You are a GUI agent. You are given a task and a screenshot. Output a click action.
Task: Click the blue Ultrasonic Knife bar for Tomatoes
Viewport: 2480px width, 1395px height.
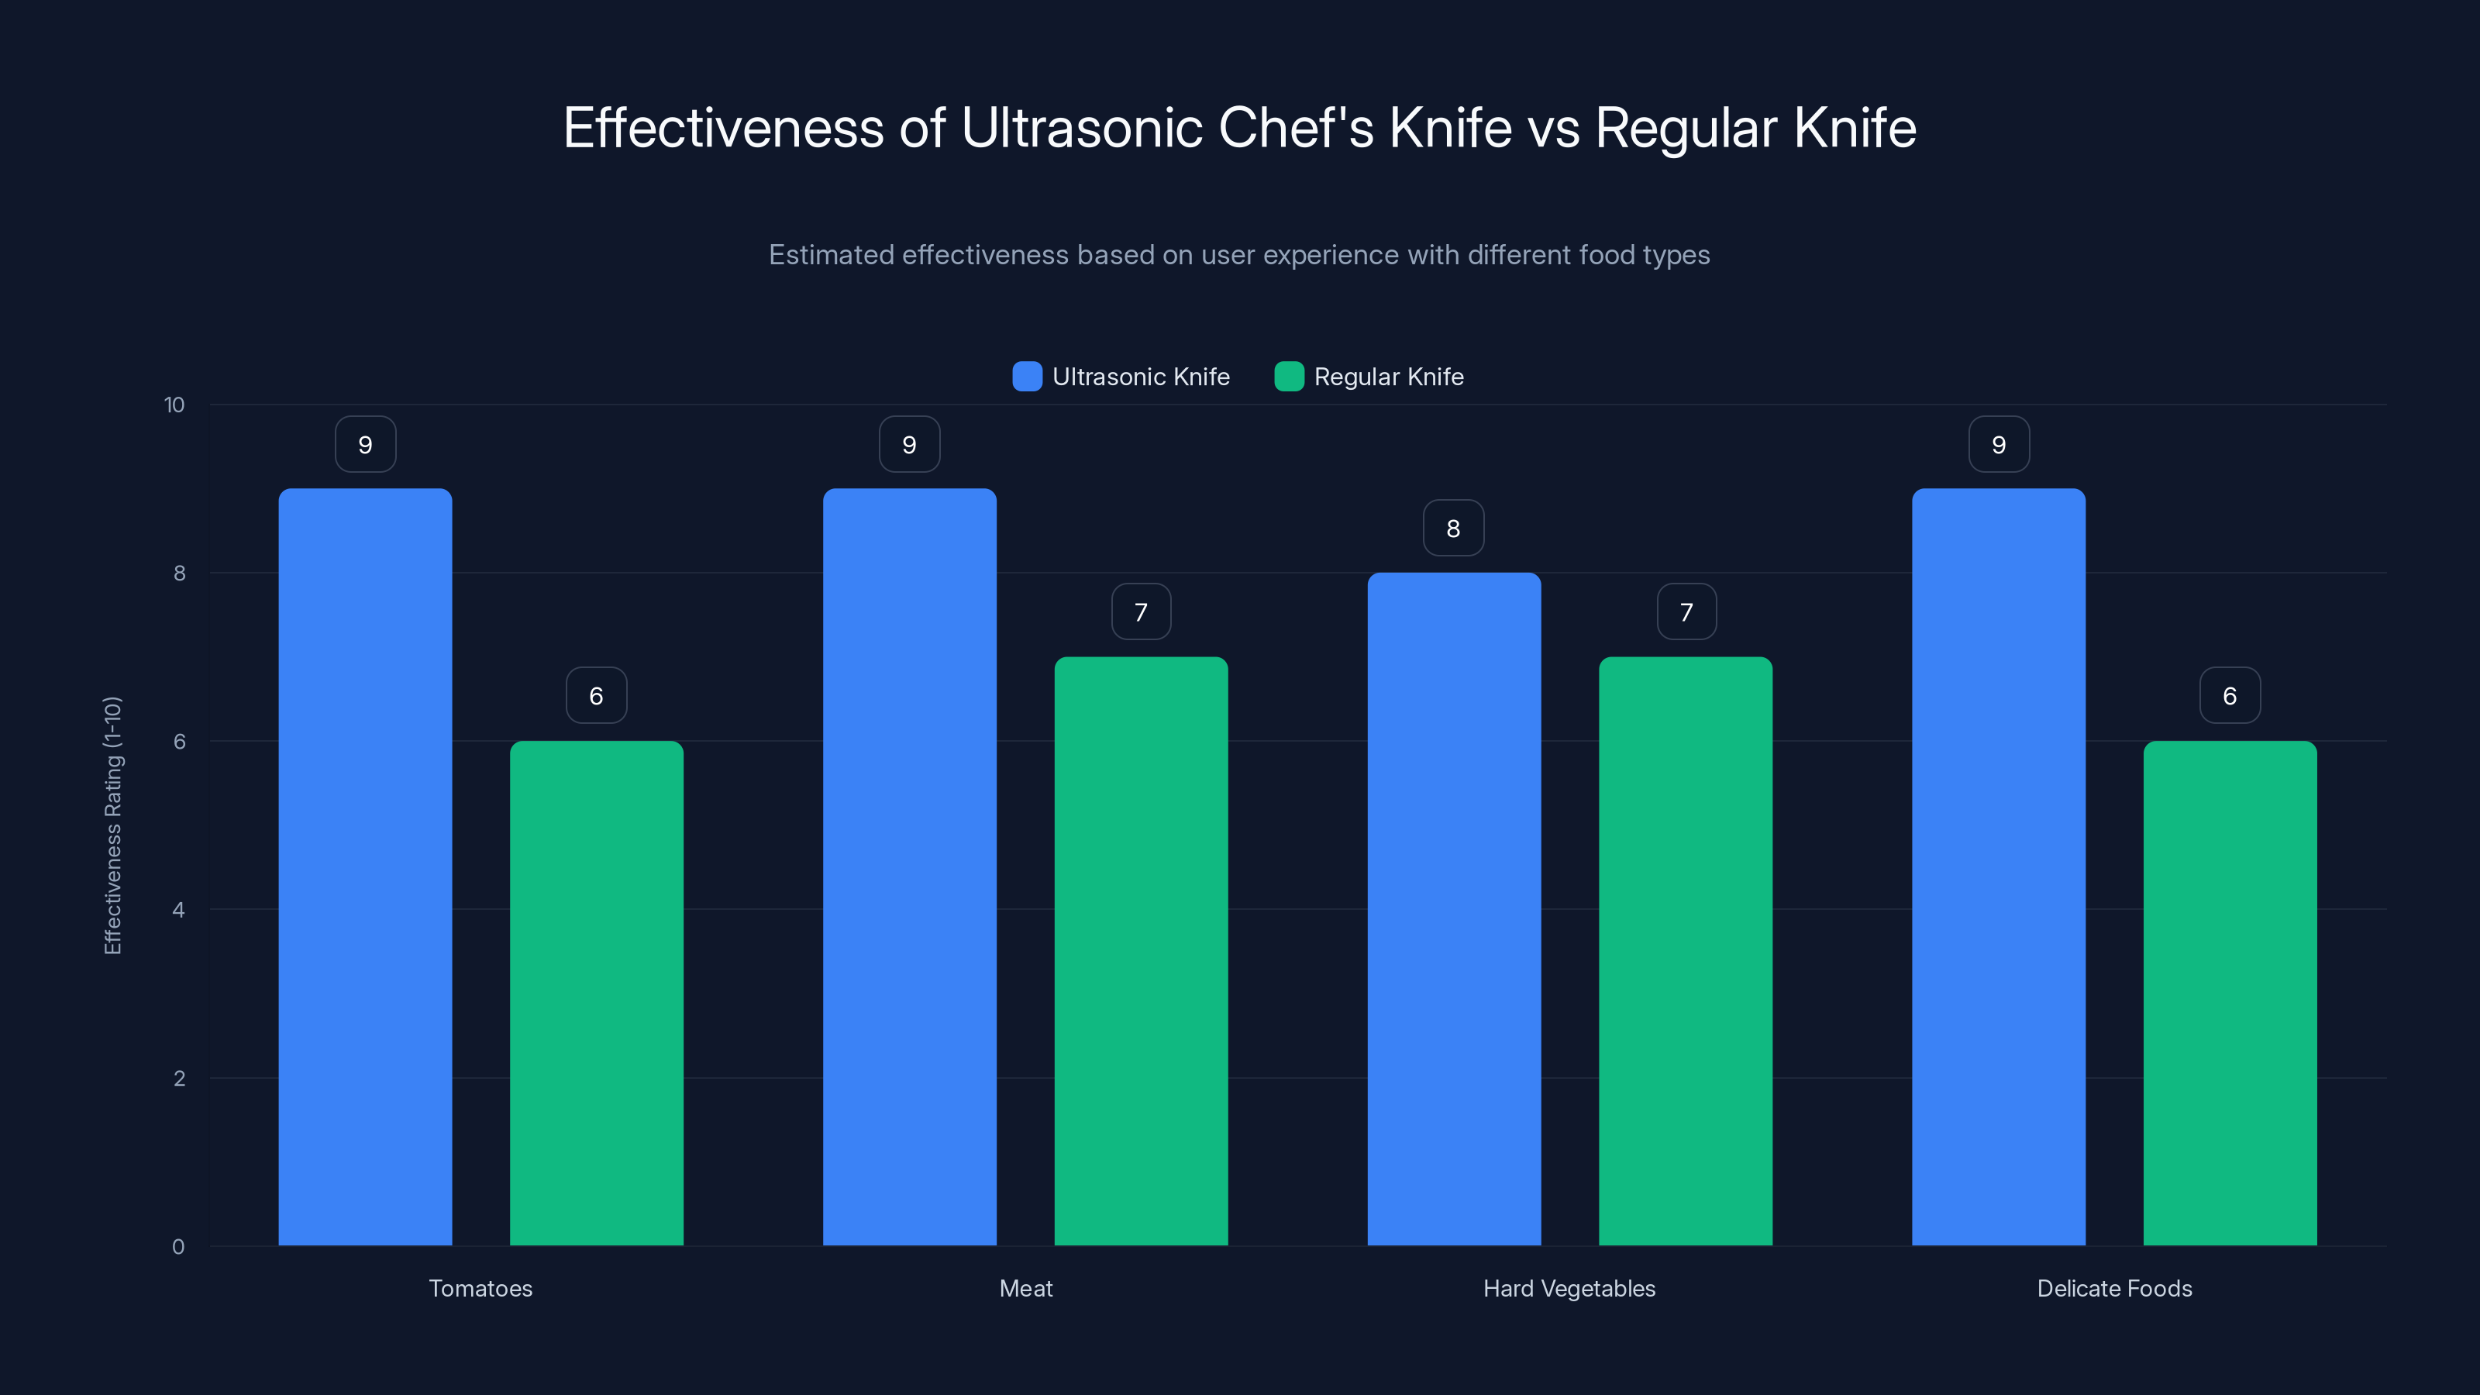pos(365,866)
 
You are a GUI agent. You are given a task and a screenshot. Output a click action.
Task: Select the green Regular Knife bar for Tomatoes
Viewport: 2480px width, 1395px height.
pos(596,993)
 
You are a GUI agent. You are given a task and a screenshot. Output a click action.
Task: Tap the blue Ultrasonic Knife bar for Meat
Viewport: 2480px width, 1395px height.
pos(909,866)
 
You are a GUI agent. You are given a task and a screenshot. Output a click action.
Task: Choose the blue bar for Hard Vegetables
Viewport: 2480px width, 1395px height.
pos(1454,909)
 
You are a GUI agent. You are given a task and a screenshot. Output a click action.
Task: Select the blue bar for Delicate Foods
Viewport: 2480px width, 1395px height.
pos(1999,866)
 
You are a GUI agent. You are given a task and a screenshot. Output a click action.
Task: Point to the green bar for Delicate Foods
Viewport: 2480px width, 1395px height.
pos(2230,993)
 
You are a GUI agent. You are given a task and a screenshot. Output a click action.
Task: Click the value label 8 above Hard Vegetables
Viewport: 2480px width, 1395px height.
pos(1454,528)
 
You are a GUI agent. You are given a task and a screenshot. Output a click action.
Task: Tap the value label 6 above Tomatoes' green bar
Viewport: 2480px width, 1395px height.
pos(596,695)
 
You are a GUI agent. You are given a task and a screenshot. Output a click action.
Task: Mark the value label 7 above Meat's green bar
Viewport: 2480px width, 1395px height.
pos(1141,611)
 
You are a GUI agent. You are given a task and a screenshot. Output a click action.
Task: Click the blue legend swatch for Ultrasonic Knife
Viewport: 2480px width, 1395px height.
pos(1027,377)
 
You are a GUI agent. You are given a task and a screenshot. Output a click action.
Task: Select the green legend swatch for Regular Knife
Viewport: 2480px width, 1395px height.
pos(1289,377)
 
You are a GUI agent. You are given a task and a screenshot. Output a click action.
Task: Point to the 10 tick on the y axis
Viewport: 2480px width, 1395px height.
pos(174,405)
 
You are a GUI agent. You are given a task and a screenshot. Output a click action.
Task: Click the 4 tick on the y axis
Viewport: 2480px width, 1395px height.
pos(178,910)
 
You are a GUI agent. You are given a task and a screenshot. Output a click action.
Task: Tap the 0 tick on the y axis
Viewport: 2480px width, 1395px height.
pos(178,1247)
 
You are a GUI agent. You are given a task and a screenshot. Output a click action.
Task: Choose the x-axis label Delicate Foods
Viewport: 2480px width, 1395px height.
pos(2114,1288)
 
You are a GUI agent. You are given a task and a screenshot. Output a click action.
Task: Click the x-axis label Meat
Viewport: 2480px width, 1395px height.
pos(1025,1288)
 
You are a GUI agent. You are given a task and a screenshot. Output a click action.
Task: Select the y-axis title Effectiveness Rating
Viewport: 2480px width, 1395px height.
pos(112,825)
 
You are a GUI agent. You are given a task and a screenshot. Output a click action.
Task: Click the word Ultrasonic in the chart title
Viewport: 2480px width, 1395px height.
pos(1081,128)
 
